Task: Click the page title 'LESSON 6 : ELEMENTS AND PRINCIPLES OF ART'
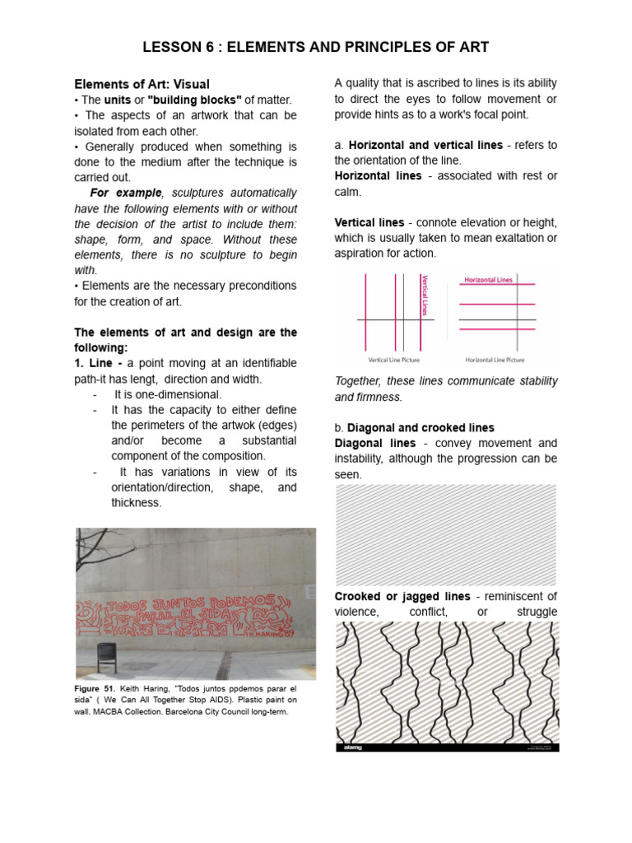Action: (x=316, y=47)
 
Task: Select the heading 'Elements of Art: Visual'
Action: (x=142, y=84)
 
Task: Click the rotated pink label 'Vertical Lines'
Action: (x=425, y=295)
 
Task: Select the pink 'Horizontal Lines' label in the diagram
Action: (x=488, y=280)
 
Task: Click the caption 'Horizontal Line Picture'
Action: (x=495, y=360)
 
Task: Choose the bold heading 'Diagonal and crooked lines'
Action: (x=421, y=428)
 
